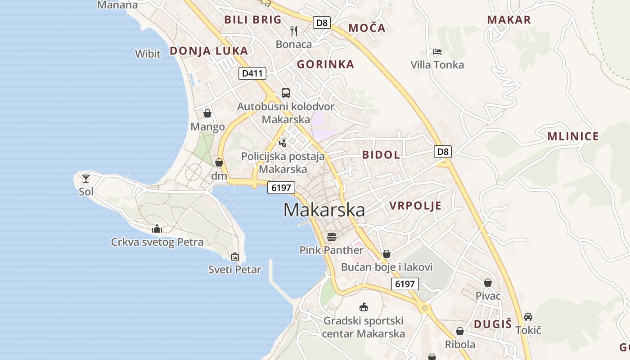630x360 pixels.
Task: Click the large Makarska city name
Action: tap(324, 210)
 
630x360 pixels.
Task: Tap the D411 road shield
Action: tap(252, 73)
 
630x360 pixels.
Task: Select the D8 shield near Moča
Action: tap(322, 22)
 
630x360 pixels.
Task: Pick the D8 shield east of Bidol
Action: tap(443, 151)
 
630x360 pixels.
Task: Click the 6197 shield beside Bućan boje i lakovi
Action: tap(405, 284)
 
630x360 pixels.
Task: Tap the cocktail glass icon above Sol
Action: tap(86, 178)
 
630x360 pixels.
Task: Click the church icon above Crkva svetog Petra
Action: tap(157, 229)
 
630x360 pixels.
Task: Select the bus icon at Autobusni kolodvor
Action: tap(286, 93)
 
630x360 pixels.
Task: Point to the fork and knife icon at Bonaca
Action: tap(294, 31)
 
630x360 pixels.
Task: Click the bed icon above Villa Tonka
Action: tap(437, 52)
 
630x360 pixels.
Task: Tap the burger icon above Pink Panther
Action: tap(332, 237)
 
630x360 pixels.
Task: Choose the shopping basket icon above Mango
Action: tap(207, 113)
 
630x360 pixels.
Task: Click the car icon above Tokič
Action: tap(528, 317)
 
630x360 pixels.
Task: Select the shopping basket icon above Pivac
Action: tap(488, 283)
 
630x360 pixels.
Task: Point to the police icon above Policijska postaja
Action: tap(283, 143)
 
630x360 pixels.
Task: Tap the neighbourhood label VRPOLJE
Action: tap(415, 206)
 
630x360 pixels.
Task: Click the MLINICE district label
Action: tap(573, 137)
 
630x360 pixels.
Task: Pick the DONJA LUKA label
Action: tap(209, 51)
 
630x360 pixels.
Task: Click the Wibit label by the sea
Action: tap(148, 54)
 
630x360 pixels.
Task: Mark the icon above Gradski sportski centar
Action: tap(363, 307)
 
